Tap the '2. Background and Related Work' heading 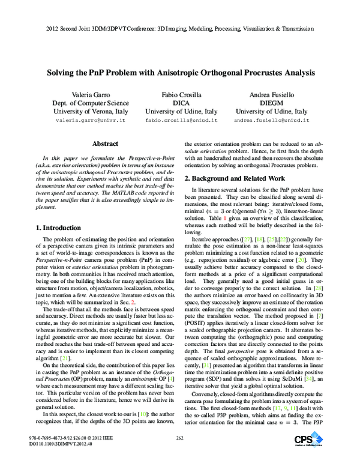pos(235,178)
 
